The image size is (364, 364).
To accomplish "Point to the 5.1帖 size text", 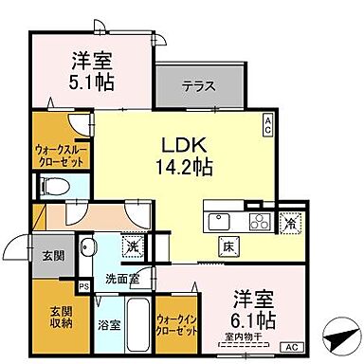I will (92, 82).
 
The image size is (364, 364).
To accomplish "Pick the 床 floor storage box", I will (229, 248).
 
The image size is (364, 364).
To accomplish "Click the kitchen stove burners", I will (258, 223).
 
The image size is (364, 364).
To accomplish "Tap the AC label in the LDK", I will (267, 120).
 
